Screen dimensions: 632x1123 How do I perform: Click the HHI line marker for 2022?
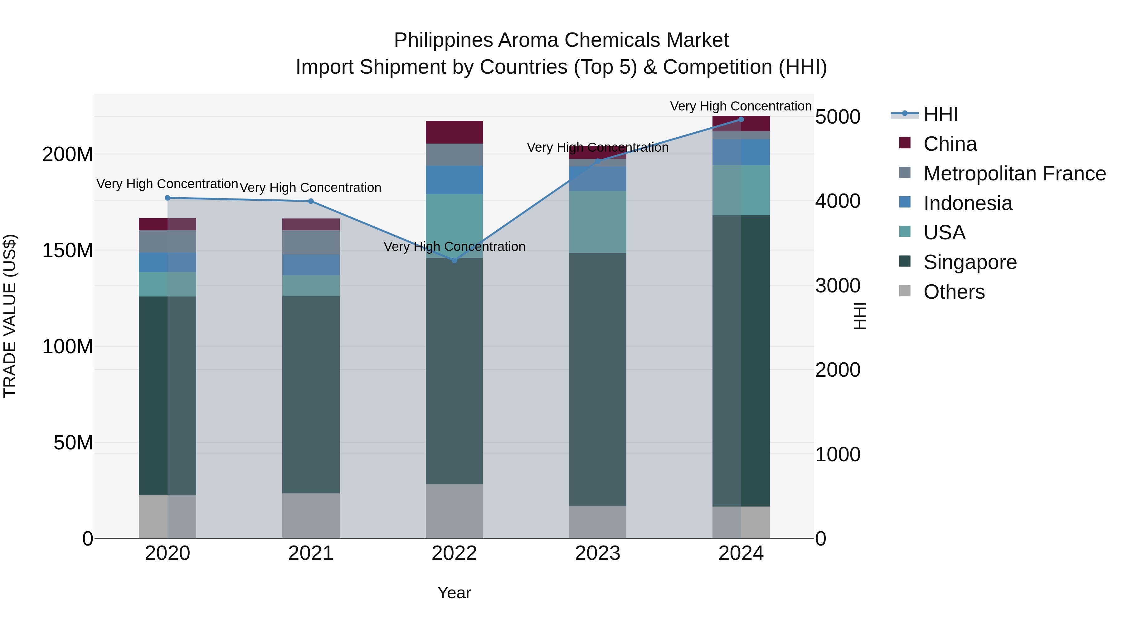click(x=454, y=260)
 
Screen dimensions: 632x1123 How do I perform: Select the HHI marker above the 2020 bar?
click(x=168, y=198)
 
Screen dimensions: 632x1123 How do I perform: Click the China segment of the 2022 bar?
click(x=454, y=132)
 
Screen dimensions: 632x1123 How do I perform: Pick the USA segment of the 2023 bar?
click(x=597, y=222)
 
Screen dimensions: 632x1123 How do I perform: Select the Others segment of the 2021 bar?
click(x=310, y=516)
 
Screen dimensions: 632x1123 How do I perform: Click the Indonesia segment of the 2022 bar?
click(x=454, y=180)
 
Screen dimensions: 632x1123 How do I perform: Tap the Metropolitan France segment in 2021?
click(x=310, y=242)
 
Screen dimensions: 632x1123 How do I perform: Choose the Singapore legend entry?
click(x=970, y=262)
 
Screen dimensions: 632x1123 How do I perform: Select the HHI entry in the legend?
click(x=940, y=114)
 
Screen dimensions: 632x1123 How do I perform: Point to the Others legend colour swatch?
click(x=905, y=291)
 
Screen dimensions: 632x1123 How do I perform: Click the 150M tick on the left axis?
click(x=68, y=250)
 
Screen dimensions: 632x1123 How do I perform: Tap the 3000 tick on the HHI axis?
click(x=838, y=286)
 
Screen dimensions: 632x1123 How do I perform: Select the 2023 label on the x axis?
click(x=597, y=553)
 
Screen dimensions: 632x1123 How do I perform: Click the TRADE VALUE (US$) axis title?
click(x=10, y=316)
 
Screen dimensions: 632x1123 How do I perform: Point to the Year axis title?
click(x=454, y=593)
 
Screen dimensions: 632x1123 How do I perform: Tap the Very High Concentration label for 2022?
click(x=454, y=247)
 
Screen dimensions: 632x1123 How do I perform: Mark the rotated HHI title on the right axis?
click(x=859, y=316)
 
